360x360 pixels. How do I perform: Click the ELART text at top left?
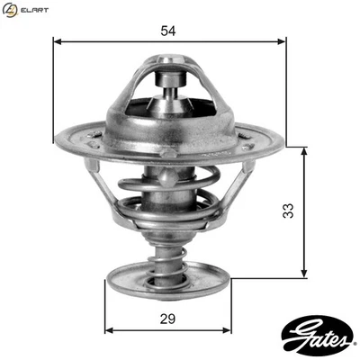[x=34, y=11]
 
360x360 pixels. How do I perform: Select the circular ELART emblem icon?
[x=11, y=11]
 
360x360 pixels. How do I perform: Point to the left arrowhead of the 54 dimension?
[x=58, y=42]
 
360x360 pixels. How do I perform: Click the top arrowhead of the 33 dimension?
[x=305, y=151]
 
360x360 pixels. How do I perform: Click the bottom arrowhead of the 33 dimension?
[x=305, y=274]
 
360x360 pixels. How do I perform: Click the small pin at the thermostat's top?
[x=168, y=86]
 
